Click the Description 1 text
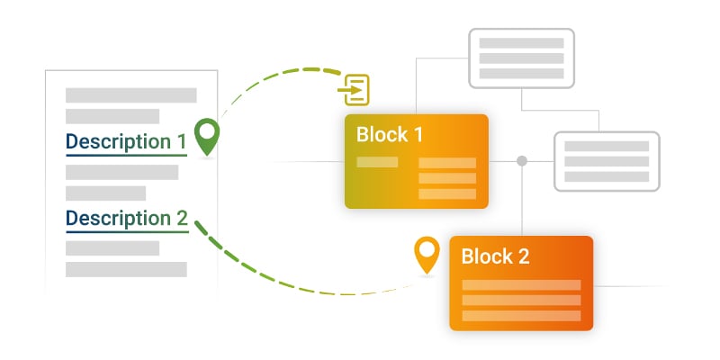[126, 142]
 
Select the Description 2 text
[126, 219]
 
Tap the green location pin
[208, 135]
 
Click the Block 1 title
[390, 135]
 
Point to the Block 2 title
[495, 256]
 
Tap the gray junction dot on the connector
[521, 161]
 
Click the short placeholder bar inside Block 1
[377, 162]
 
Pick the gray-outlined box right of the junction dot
[606, 161]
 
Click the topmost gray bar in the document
[130, 94]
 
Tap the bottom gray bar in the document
[126, 269]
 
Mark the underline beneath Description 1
[126, 156]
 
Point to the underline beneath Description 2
[126, 232]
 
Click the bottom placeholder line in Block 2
[521, 316]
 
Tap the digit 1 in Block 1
[418, 135]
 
